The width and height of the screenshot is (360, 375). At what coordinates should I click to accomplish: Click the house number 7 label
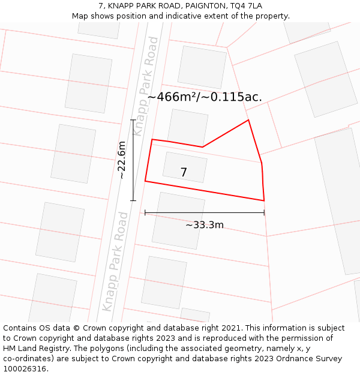click(184, 173)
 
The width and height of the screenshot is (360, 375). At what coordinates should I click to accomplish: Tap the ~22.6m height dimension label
click(122, 160)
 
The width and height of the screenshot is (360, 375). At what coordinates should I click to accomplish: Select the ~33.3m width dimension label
click(204, 225)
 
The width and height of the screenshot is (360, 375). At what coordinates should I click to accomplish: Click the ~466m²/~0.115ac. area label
click(205, 97)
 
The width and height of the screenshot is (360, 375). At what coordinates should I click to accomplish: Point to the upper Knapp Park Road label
click(146, 85)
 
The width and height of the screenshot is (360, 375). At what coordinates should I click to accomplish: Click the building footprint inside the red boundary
click(185, 167)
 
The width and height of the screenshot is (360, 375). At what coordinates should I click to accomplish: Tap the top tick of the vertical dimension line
click(133, 121)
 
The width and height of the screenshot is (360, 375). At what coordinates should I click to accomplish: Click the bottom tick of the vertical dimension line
click(133, 200)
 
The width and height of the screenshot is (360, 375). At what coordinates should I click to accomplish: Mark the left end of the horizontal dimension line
click(145, 212)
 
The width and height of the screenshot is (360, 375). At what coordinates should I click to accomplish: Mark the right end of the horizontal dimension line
click(264, 212)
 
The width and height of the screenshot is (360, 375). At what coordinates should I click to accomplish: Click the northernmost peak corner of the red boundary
click(248, 120)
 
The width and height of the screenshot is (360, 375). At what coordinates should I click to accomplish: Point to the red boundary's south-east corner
click(264, 200)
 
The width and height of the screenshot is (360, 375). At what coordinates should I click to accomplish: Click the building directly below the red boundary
click(178, 220)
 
